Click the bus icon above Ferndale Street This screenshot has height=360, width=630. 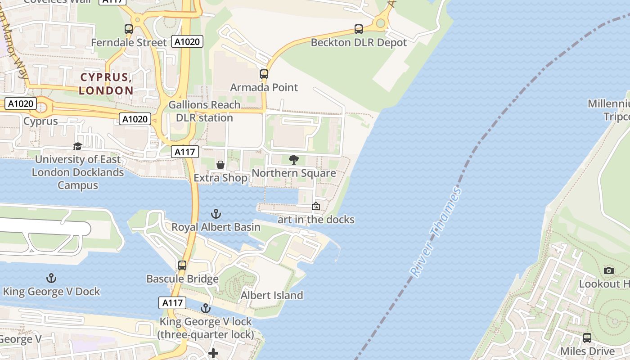tap(129, 29)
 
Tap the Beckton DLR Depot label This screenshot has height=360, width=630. tap(359, 43)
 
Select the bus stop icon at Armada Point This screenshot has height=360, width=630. tap(264, 74)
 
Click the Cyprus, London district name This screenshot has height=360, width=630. tap(106, 84)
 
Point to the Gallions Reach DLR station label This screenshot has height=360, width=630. tap(204, 111)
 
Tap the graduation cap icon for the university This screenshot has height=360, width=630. tap(78, 146)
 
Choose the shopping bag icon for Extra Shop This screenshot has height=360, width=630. tap(220, 165)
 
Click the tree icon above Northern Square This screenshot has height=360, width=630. tap(294, 159)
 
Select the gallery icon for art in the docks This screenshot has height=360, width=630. tap(316, 206)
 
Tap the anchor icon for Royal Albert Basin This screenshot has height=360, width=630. tap(216, 213)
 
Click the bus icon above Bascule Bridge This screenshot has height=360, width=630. tap(182, 265)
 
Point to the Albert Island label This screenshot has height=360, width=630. tap(272, 295)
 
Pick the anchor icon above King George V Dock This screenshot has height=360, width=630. tap(51, 278)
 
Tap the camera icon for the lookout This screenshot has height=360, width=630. tap(609, 270)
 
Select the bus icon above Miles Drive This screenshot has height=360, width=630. tap(587, 337)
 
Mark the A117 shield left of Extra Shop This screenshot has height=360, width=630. tap(185, 152)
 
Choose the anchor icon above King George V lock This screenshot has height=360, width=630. tap(206, 308)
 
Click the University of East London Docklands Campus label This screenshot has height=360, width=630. tap(78, 172)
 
